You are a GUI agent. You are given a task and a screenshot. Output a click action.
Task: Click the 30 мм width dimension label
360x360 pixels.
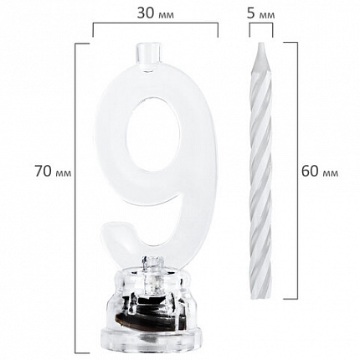(x=155, y=13)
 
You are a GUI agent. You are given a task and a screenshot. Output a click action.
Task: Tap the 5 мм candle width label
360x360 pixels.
(x=261, y=13)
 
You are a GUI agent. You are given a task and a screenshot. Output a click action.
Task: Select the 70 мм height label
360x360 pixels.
(x=53, y=171)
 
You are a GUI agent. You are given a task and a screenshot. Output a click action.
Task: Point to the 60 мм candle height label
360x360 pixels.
(x=320, y=171)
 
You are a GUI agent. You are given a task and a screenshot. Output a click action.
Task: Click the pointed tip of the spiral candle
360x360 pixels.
(x=261, y=44)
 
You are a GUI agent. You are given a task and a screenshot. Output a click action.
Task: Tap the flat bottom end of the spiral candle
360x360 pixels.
(x=260, y=296)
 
